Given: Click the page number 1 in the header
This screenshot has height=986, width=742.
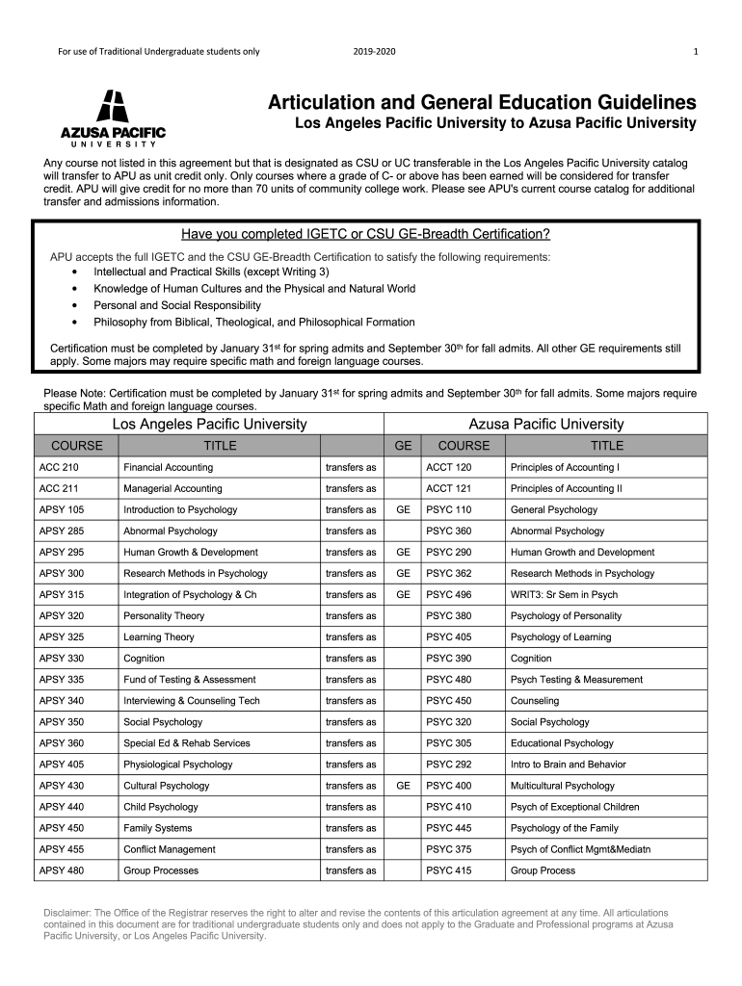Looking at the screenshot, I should pos(696,51).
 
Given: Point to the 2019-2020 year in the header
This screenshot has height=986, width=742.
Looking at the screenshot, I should pos(374,51).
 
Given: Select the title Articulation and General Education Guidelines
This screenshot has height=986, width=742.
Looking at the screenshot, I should pos(482,102).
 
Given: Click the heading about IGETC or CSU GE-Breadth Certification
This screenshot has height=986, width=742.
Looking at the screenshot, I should pos(365,234).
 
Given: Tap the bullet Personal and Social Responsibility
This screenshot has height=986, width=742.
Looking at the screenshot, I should pos(176,305).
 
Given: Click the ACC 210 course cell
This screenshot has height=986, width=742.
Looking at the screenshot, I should pos(59,467).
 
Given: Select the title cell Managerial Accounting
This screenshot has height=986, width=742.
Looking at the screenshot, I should pos(172,488).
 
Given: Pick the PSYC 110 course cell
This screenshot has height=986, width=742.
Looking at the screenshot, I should pos(449,509).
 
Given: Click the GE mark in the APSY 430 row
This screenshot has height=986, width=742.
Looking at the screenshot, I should pos(403,786).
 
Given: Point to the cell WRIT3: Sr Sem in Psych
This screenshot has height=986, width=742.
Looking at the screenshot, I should pos(564,595).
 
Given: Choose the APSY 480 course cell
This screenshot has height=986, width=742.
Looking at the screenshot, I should pos(62,870).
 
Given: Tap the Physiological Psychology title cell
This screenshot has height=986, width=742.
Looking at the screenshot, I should pos(177,765).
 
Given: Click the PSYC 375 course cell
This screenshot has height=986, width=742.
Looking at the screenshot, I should pos(449,849).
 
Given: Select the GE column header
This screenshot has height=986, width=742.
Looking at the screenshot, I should pos(403,446).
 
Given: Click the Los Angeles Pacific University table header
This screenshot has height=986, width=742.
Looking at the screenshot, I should pos(210,424).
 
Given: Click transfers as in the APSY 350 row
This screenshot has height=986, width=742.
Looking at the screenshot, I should pos(351,722).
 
